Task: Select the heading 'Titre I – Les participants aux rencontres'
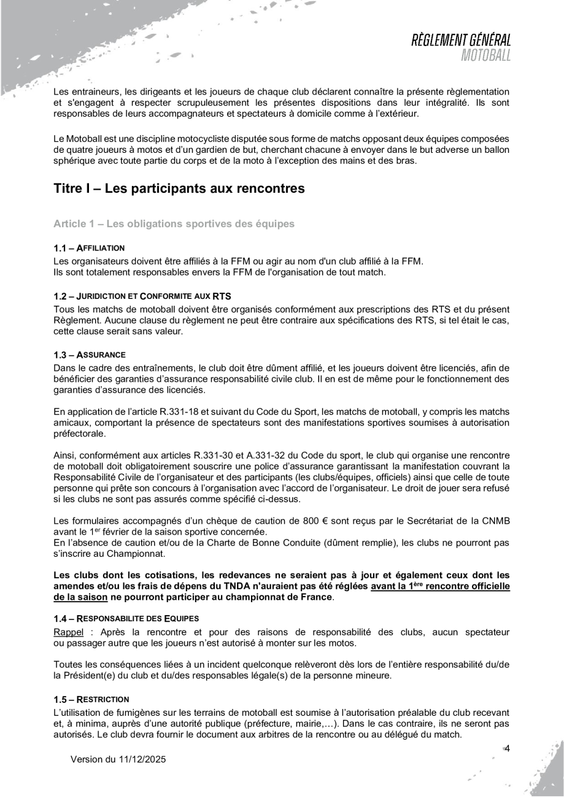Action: [x=179, y=189]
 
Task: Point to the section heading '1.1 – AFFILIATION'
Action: [x=90, y=247]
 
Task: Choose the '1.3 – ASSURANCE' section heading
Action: [x=90, y=355]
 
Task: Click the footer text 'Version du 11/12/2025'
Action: [x=118, y=759]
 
